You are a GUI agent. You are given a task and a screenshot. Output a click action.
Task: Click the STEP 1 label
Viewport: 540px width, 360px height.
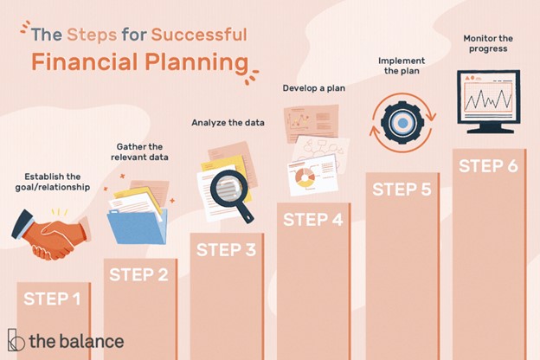(52, 299)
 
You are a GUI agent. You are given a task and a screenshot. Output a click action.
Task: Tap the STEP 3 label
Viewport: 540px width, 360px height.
(226, 250)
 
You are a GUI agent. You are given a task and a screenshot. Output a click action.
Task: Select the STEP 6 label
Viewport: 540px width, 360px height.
(488, 166)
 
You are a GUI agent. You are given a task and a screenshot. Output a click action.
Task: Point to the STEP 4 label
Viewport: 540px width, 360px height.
(313, 220)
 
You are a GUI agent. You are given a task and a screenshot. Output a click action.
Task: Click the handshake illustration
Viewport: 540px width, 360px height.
(51, 235)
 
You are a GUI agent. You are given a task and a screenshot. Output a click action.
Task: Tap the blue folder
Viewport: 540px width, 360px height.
(138, 227)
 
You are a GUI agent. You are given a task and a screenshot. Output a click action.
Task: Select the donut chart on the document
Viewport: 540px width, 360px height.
(305, 177)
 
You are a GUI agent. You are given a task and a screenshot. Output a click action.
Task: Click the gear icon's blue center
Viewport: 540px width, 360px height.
(403, 123)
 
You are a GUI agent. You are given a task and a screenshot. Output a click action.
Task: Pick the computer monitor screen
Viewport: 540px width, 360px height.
(488, 97)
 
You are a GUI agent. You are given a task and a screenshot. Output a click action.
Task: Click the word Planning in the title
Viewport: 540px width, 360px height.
(196, 62)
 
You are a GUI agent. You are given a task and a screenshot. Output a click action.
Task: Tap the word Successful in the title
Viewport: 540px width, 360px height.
(199, 35)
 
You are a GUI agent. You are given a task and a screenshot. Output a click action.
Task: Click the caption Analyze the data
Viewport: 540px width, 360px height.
(228, 123)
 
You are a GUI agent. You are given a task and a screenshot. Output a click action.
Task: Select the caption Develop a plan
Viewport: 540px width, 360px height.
(314, 88)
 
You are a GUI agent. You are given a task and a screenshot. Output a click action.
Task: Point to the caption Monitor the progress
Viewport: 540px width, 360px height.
(488, 43)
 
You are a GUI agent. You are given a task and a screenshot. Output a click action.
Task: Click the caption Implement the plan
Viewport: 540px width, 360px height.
(402, 66)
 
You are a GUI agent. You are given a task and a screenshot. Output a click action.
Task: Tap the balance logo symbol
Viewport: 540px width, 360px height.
(16, 340)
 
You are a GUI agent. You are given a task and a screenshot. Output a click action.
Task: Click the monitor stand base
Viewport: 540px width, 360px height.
(490, 131)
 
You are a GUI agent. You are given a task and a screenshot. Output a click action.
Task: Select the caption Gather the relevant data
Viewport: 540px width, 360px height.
(139, 152)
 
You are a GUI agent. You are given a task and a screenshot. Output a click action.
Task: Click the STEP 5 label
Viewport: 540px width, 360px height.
(402, 190)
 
